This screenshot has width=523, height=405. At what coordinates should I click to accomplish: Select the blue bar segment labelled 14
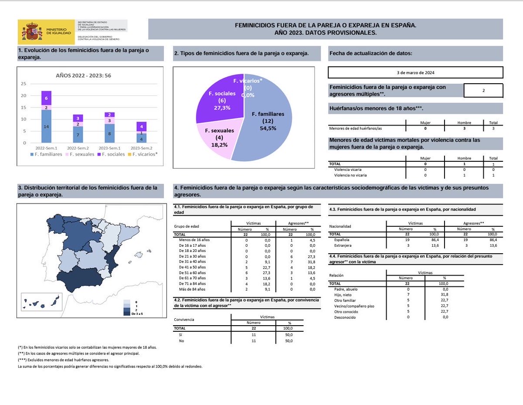click(x=46, y=126)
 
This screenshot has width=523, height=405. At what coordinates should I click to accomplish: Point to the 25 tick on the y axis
click(x=24, y=84)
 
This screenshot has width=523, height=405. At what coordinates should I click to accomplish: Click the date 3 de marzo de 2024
click(x=415, y=72)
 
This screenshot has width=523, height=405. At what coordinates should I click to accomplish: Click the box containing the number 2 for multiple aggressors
click(x=483, y=91)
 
